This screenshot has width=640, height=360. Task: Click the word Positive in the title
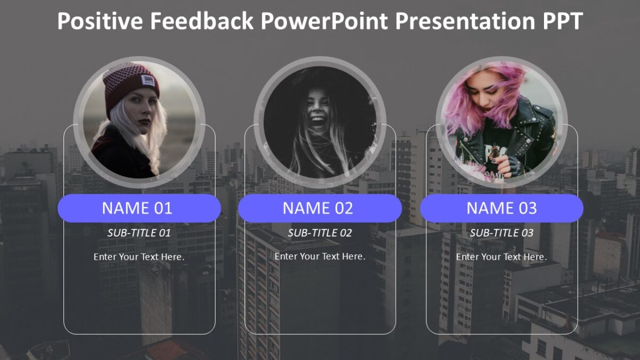pyautogui.click(x=100, y=21)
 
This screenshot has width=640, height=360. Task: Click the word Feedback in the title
pyautogui.click(x=202, y=21)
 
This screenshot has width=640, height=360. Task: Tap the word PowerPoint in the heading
pyautogui.click(x=324, y=21)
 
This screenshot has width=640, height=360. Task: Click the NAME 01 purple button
pyautogui.click(x=139, y=208)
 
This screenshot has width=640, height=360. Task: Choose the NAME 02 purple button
pyautogui.click(x=319, y=208)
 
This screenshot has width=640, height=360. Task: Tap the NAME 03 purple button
pyautogui.click(x=501, y=208)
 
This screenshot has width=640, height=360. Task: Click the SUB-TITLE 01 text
pyautogui.click(x=139, y=233)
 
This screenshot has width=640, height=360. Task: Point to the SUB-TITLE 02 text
pyautogui.click(x=319, y=233)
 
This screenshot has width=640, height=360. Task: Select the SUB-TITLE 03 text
pyautogui.click(x=501, y=233)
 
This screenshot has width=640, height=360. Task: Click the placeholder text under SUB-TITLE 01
pyautogui.click(x=139, y=257)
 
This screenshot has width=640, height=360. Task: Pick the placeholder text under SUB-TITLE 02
pyautogui.click(x=319, y=257)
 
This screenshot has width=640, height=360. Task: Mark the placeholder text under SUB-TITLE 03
pyautogui.click(x=501, y=257)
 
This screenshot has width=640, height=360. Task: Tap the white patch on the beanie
pyautogui.click(x=148, y=81)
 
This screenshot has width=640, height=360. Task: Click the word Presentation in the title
pyautogui.click(x=459, y=21)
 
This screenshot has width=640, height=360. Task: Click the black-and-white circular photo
pyautogui.click(x=319, y=123)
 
